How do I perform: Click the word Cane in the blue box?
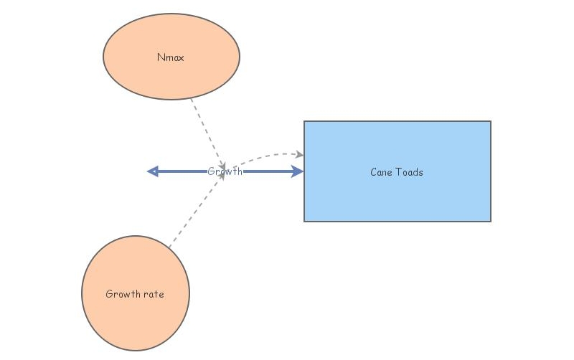(x=380, y=172)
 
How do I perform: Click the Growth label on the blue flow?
(x=225, y=171)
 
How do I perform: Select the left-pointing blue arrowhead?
(x=152, y=171)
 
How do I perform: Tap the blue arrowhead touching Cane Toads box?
(x=298, y=171)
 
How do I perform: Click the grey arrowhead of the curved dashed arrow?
(x=300, y=154)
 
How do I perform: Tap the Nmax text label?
(x=171, y=57)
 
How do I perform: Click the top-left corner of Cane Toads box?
(x=304, y=121)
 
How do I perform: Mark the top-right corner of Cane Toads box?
(x=491, y=121)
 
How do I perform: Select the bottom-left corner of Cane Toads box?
(x=304, y=221)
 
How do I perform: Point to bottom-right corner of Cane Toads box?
(x=491, y=221)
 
